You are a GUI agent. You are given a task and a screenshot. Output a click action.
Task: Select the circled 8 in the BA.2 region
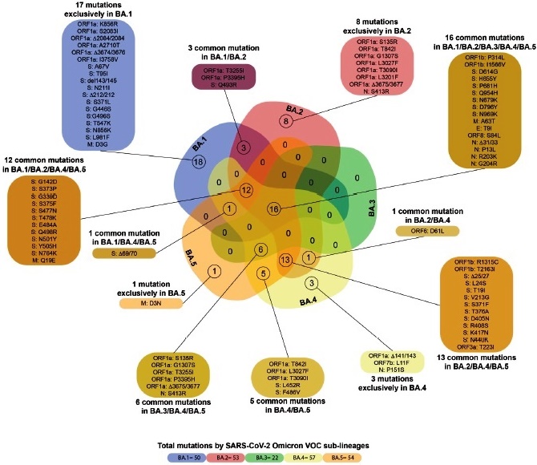point(285,121)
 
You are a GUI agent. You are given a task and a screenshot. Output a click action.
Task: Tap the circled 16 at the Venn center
point(274,208)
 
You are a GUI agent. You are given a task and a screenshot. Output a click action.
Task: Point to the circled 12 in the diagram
point(247,190)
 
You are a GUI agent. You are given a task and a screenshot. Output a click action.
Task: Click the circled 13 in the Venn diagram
point(285,259)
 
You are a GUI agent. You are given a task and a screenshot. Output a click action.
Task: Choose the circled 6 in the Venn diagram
point(260,249)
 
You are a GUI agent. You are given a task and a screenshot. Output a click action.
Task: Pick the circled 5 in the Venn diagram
point(262,274)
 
